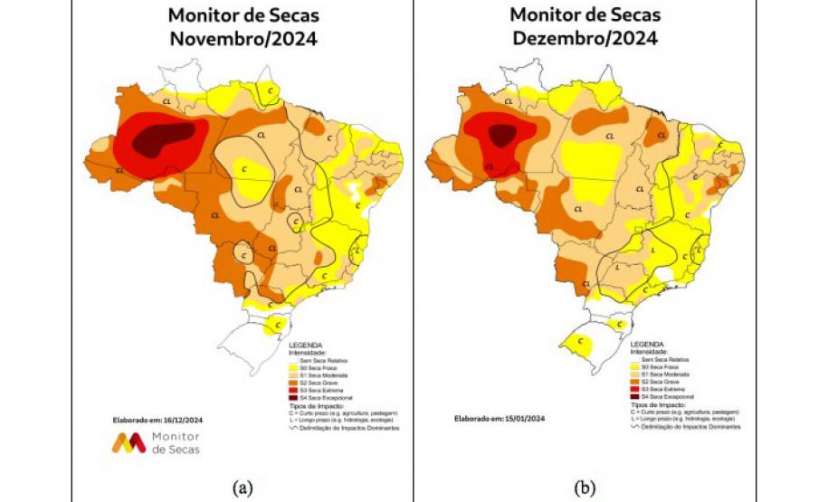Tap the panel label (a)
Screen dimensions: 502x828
242,488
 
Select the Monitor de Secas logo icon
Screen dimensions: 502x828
128,442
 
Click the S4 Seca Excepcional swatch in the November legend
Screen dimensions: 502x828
293,398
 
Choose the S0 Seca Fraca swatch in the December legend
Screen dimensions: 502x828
634,369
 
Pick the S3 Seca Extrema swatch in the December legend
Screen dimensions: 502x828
634,390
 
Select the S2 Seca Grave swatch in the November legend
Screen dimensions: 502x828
293,384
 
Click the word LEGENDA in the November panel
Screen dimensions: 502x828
305,346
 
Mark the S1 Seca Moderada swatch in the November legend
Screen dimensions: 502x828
293,376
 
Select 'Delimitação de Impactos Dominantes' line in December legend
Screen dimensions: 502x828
687,426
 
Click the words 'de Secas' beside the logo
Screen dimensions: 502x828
176,450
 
